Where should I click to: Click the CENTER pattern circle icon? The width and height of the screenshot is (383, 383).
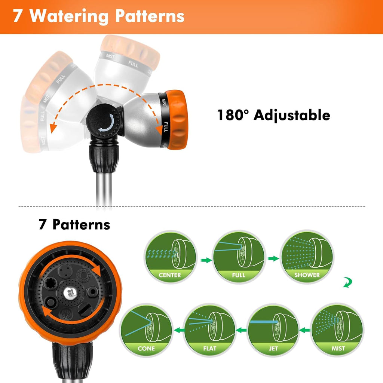coord(171,257)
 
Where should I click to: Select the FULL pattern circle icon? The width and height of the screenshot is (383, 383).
coord(239,257)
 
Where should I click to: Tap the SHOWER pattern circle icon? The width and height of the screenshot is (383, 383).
coord(307,257)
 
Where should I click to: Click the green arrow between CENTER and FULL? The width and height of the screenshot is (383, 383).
coord(205,260)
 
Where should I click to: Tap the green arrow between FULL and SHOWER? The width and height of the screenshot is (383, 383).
coord(273,258)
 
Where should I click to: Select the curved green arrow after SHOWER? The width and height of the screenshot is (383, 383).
coord(347,283)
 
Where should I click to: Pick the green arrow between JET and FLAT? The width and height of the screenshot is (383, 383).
coord(242,330)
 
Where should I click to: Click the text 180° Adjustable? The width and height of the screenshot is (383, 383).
coord(274,115)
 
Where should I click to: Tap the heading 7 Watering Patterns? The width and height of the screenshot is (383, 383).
coord(99,16)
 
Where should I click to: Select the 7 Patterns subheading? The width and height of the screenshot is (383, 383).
coord(74,224)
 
